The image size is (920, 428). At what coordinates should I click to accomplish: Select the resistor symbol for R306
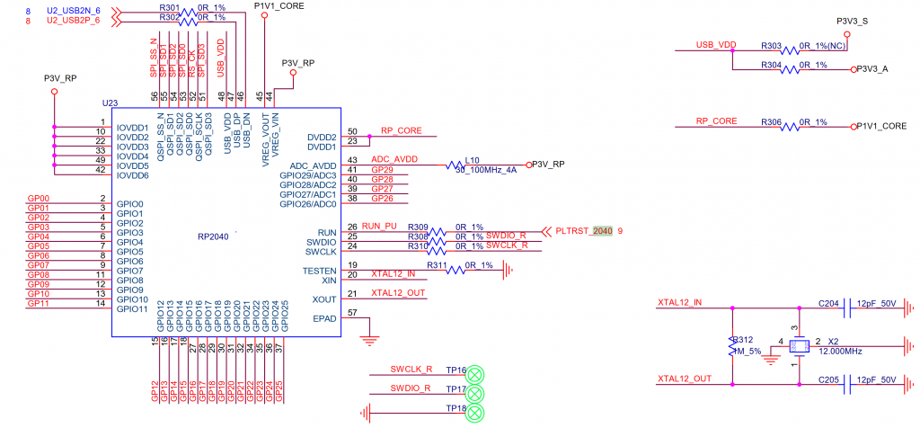coord(791,127)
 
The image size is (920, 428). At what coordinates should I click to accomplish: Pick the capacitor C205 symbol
coord(849,385)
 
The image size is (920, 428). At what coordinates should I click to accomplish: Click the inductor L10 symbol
coord(481,165)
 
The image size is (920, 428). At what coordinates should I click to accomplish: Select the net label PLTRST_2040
coord(584,231)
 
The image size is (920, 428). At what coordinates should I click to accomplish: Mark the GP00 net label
coord(39,198)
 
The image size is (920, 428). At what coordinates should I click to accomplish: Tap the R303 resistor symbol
coord(791,50)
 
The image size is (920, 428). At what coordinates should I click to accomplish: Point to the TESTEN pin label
coord(320,271)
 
